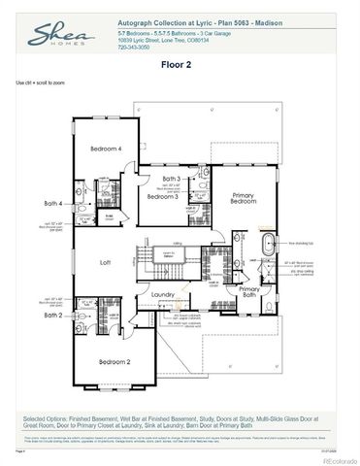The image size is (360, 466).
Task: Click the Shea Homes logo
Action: click(x=37, y=36)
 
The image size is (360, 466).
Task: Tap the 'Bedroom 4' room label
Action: click(x=106, y=149)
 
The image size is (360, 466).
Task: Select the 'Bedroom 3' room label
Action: click(x=161, y=196)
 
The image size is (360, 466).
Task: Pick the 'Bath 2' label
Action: click(x=52, y=315)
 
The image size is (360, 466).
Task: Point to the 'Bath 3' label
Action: click(x=171, y=180)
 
